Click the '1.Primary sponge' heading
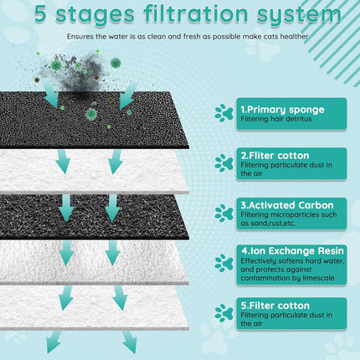coord(278,109)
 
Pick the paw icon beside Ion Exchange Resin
coord(224,263)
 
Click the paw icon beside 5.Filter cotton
coord(224,313)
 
